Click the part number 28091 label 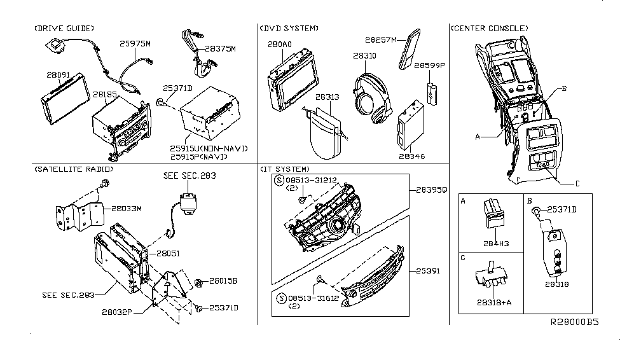pyautogui.click(x=58, y=75)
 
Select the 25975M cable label pyautogui.click(x=136, y=44)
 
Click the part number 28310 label pyautogui.click(x=364, y=56)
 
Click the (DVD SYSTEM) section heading pyautogui.click(x=289, y=28)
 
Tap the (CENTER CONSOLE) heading pyautogui.click(x=488, y=28)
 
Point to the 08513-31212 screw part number pyautogui.click(x=310, y=180)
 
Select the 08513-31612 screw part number pyautogui.click(x=310, y=297)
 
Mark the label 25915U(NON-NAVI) pyautogui.click(x=208, y=148)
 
